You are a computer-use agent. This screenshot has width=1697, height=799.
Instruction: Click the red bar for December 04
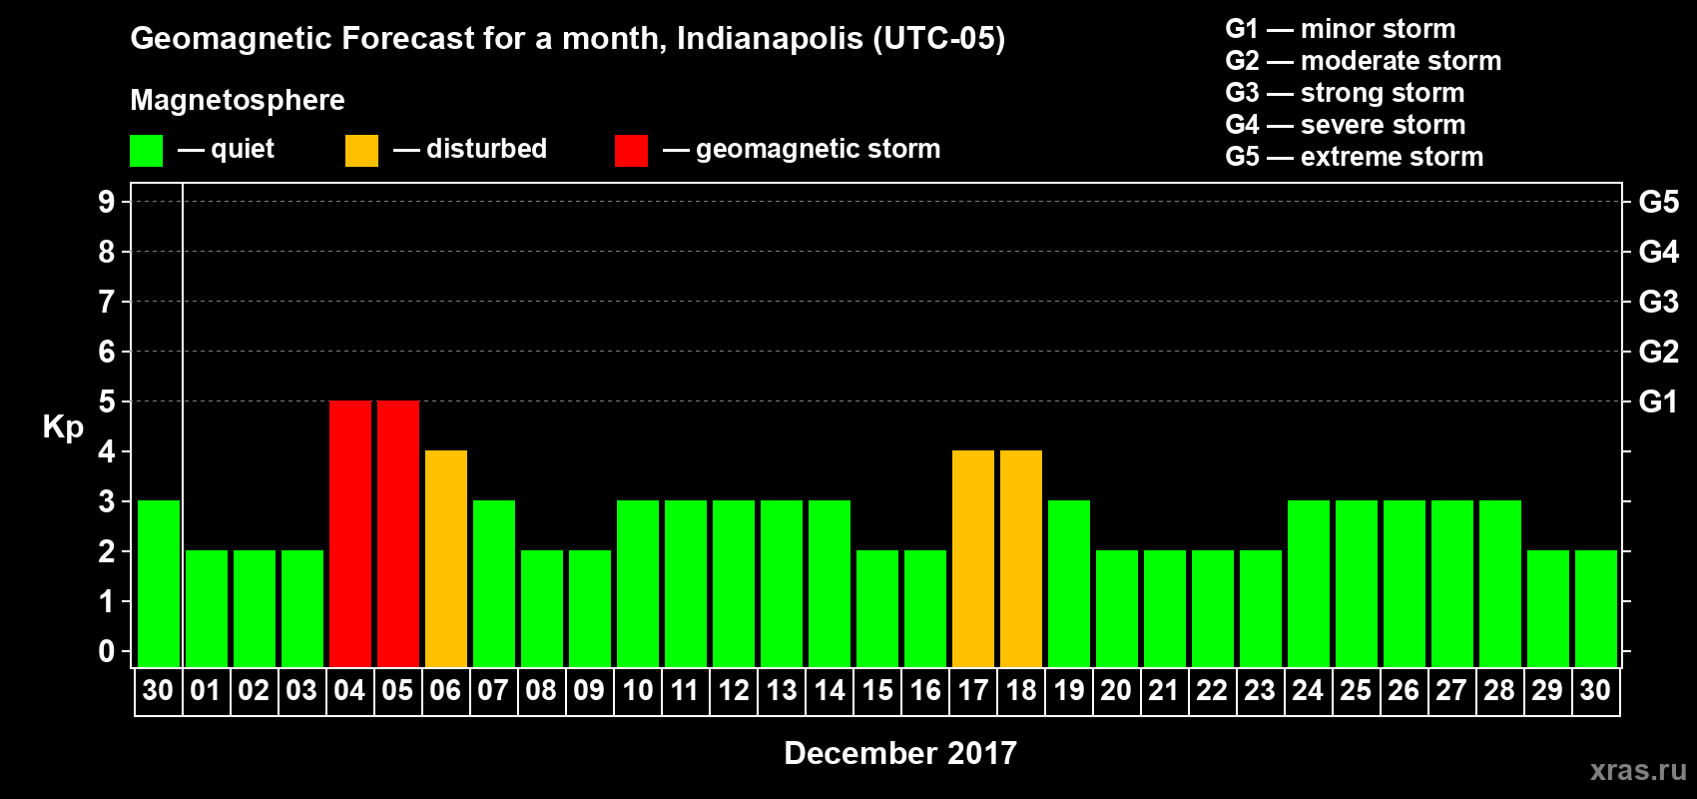350,533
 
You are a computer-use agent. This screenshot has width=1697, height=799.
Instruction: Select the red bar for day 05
398,533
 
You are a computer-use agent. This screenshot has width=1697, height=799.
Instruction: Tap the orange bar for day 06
446,558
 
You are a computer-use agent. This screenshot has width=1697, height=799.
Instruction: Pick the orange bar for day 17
973,558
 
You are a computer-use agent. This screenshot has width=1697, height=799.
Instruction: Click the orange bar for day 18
1021,558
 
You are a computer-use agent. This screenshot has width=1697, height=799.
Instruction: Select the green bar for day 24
1309,583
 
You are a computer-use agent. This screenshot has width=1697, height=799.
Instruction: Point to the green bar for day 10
638,583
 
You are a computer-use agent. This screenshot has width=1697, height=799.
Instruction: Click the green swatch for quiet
147,151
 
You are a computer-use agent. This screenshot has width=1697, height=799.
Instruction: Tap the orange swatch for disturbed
361,151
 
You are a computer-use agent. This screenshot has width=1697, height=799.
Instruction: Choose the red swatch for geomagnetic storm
631,151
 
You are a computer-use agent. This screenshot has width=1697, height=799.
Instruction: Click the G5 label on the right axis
1658,202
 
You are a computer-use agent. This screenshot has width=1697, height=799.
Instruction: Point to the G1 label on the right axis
1658,401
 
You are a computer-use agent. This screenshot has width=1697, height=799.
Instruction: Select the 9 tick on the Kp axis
107,202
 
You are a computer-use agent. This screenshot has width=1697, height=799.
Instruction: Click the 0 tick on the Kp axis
107,651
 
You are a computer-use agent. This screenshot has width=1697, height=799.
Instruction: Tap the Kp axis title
63,426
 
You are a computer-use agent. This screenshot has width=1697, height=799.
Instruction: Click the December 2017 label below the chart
899,753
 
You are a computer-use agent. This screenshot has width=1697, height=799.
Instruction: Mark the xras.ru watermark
1638,770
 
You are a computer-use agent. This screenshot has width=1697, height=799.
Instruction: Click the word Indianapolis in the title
770,39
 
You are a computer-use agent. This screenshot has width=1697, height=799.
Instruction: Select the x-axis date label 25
1356,690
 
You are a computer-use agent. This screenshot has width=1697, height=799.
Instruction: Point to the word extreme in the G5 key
1348,157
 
